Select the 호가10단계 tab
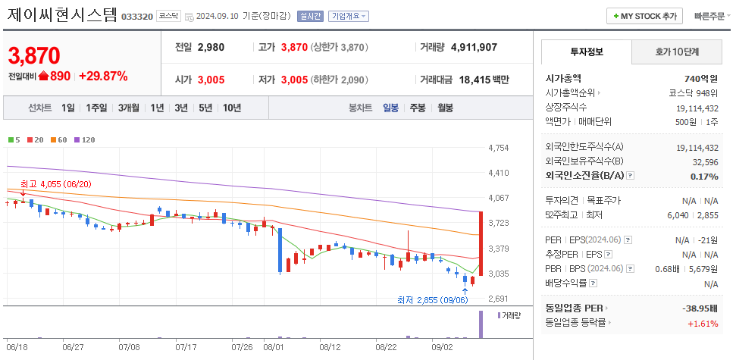676,52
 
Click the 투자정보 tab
586,52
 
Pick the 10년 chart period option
231,108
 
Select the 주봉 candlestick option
418,108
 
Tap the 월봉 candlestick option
445,108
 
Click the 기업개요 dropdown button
349,16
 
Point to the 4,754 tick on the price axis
499,148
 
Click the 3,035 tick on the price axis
499,274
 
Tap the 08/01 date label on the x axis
273,347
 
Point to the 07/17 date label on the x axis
186,347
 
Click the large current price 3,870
34,55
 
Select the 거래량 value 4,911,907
474,47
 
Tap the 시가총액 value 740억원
700,78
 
